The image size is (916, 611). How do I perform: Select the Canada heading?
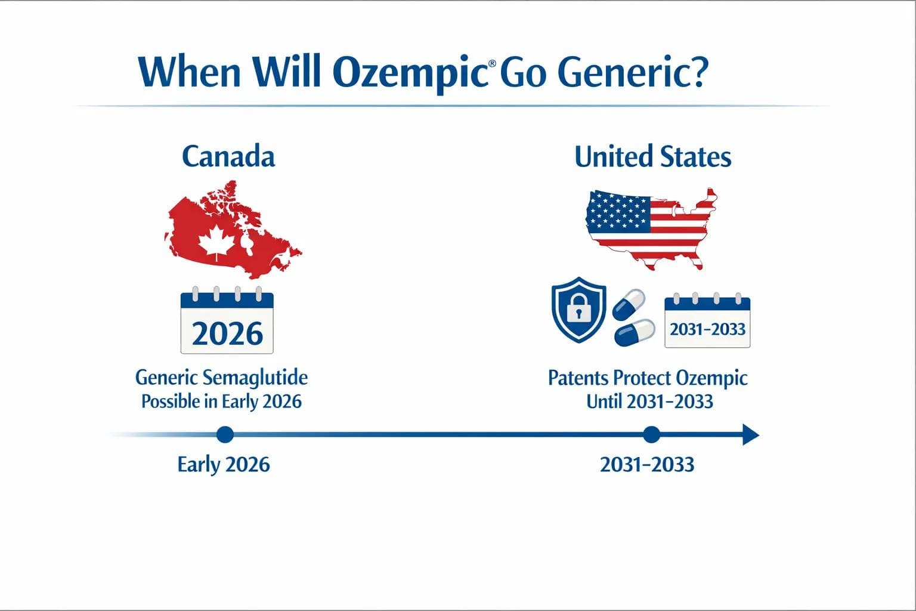(228, 156)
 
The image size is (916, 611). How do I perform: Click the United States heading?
(652, 157)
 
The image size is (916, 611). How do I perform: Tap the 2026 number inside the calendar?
(227, 333)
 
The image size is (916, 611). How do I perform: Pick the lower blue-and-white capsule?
(635, 333)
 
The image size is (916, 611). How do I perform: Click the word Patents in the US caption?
(578, 378)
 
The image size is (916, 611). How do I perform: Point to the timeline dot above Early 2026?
(225, 434)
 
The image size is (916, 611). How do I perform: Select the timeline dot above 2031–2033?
(651, 434)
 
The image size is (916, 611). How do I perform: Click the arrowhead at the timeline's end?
(750, 434)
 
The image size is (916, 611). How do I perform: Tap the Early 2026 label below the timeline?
(224, 464)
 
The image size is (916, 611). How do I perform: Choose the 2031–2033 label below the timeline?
(647, 464)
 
